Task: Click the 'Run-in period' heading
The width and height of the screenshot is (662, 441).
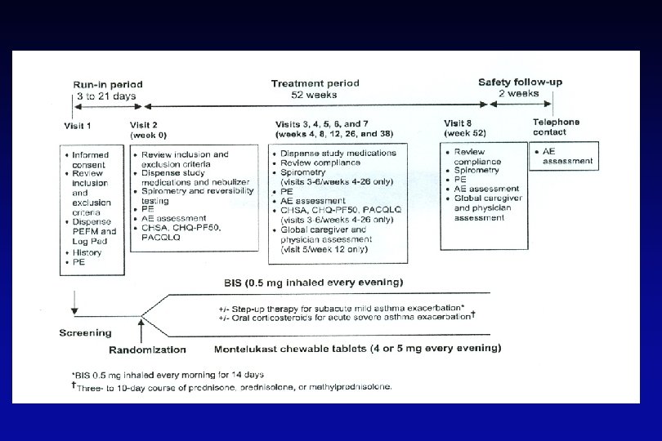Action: (x=108, y=84)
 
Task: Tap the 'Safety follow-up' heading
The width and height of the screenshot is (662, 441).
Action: (x=520, y=82)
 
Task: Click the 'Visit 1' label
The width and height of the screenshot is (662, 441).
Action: (x=78, y=127)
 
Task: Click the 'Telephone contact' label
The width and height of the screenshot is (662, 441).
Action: (x=557, y=127)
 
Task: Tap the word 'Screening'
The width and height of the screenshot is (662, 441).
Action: (x=85, y=333)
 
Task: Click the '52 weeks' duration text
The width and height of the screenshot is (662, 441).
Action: (x=312, y=95)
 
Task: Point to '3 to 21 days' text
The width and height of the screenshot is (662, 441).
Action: (x=106, y=96)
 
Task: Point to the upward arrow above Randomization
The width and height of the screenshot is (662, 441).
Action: (x=141, y=327)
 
